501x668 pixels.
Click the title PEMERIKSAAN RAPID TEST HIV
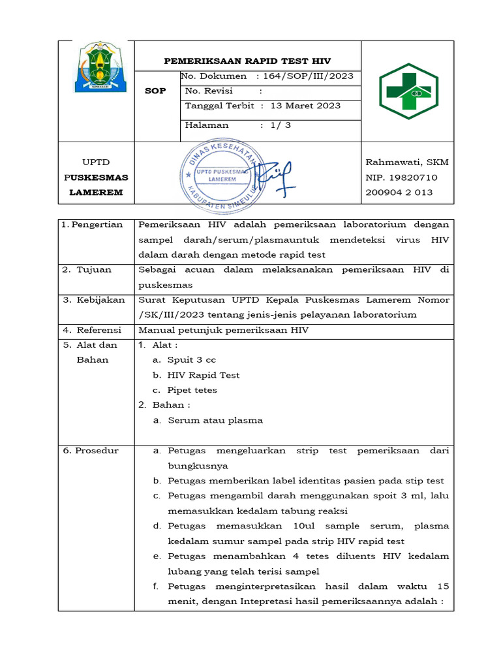[x=247, y=61]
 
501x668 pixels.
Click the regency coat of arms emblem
[x=95, y=67]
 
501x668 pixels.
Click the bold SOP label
[x=155, y=91]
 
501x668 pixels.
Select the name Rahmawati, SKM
[x=407, y=162]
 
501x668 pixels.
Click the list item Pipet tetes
[x=192, y=390]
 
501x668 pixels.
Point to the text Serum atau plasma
[x=215, y=420]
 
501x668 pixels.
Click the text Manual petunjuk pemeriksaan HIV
[x=223, y=330]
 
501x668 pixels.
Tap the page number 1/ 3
[x=281, y=125]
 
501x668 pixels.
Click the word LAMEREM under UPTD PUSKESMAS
[x=96, y=192]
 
